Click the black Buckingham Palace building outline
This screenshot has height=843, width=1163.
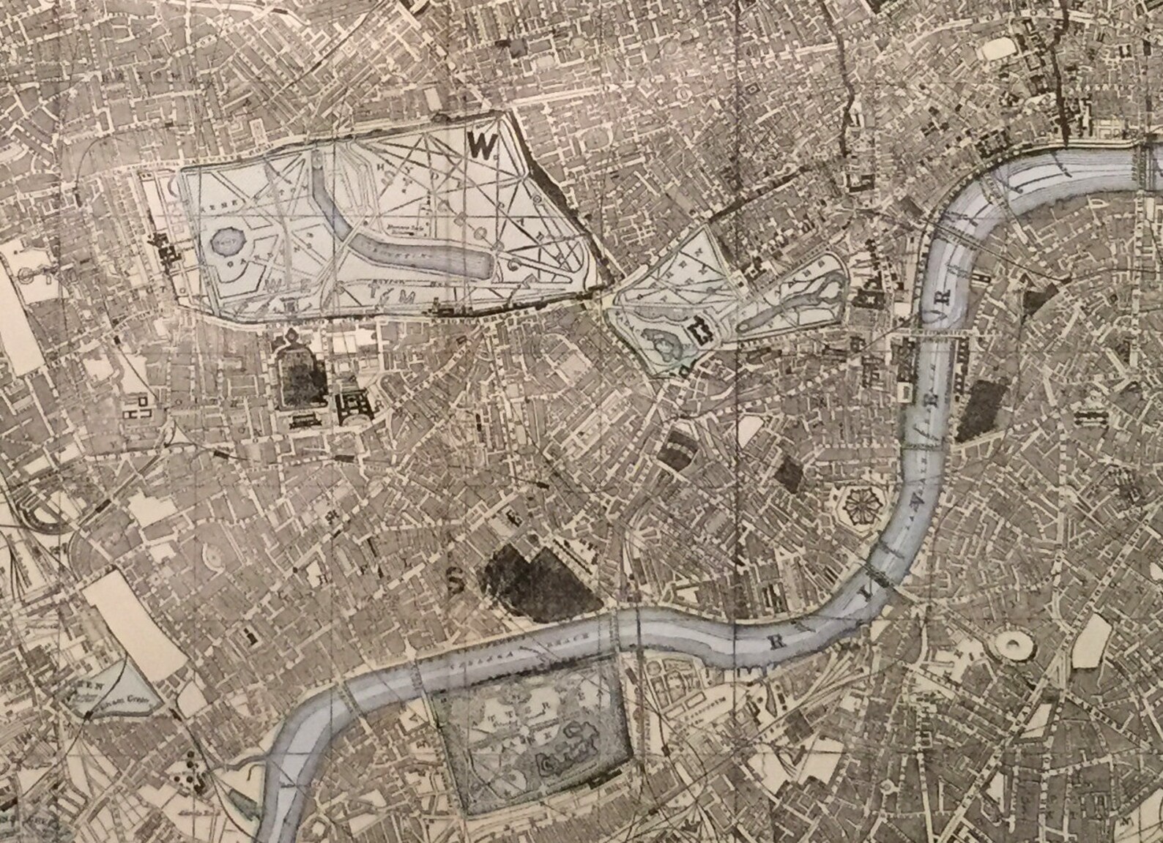click(700, 331)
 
